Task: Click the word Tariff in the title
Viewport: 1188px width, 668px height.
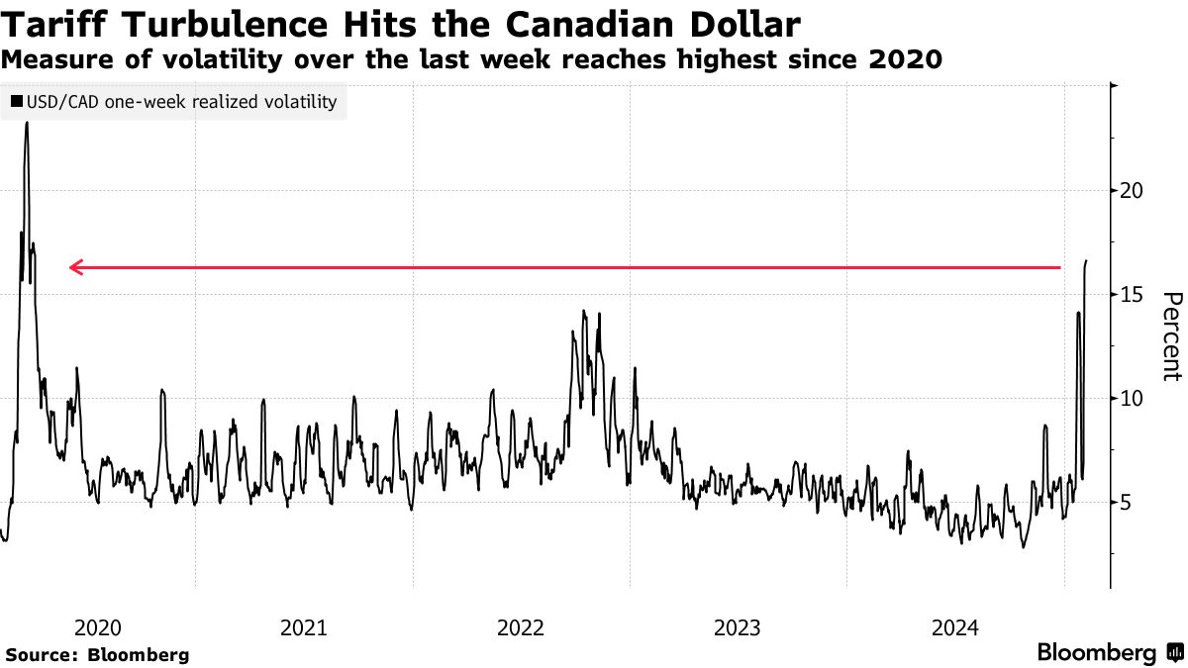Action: click(x=57, y=24)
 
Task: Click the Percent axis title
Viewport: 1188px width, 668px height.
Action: click(x=1172, y=336)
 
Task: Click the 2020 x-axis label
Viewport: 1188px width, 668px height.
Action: click(x=98, y=627)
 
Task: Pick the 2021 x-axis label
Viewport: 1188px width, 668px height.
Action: click(x=305, y=627)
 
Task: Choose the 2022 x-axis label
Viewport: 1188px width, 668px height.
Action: click(x=522, y=627)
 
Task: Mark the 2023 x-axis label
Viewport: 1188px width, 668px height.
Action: click(x=738, y=627)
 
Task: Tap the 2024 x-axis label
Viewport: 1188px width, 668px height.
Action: click(x=954, y=627)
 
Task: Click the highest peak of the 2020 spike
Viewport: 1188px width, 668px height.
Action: click(x=26, y=124)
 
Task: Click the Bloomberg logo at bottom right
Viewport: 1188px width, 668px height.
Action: click(x=1109, y=653)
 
